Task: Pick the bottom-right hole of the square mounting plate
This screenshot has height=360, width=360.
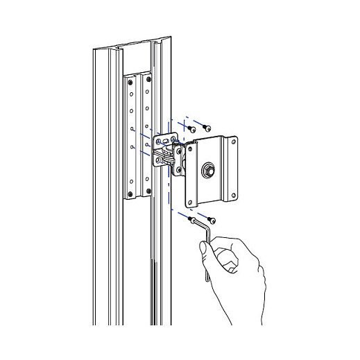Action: (234, 194)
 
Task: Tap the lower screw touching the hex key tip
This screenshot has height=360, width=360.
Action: (191, 221)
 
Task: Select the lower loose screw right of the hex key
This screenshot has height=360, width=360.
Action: (213, 220)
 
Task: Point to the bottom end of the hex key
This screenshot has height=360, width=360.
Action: (206, 279)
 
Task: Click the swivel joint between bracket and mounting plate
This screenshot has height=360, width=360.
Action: (178, 158)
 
